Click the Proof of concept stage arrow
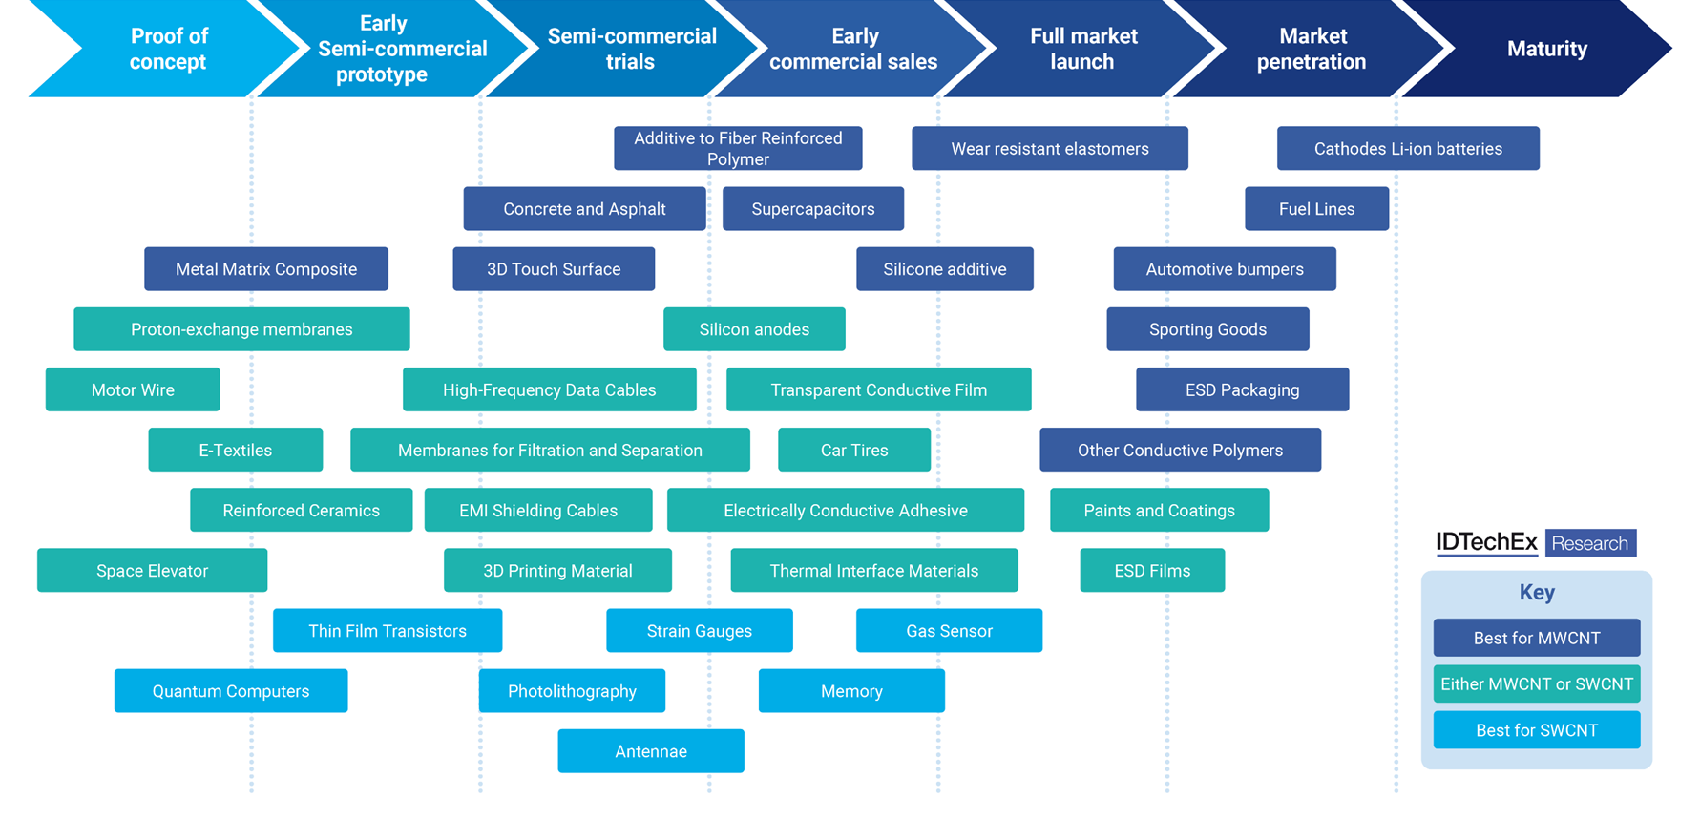click(x=168, y=49)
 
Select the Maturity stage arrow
click(x=1546, y=49)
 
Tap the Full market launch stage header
click(x=1082, y=49)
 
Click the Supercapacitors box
click(x=812, y=209)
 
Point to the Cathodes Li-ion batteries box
click(x=1408, y=149)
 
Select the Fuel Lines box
click(x=1316, y=209)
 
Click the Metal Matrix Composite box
click(x=266, y=269)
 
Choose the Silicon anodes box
click(x=754, y=329)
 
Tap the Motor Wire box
click(x=133, y=389)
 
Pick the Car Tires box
click(x=854, y=450)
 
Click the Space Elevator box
click(x=152, y=571)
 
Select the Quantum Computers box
click(x=231, y=691)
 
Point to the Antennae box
click(x=651, y=751)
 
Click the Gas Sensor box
click(x=949, y=631)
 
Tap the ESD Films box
click(x=1152, y=571)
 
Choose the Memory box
click(x=851, y=691)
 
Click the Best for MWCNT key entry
click(x=1536, y=638)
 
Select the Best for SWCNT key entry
click(x=1536, y=730)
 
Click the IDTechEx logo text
click(x=1486, y=543)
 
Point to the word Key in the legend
click(x=1537, y=592)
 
